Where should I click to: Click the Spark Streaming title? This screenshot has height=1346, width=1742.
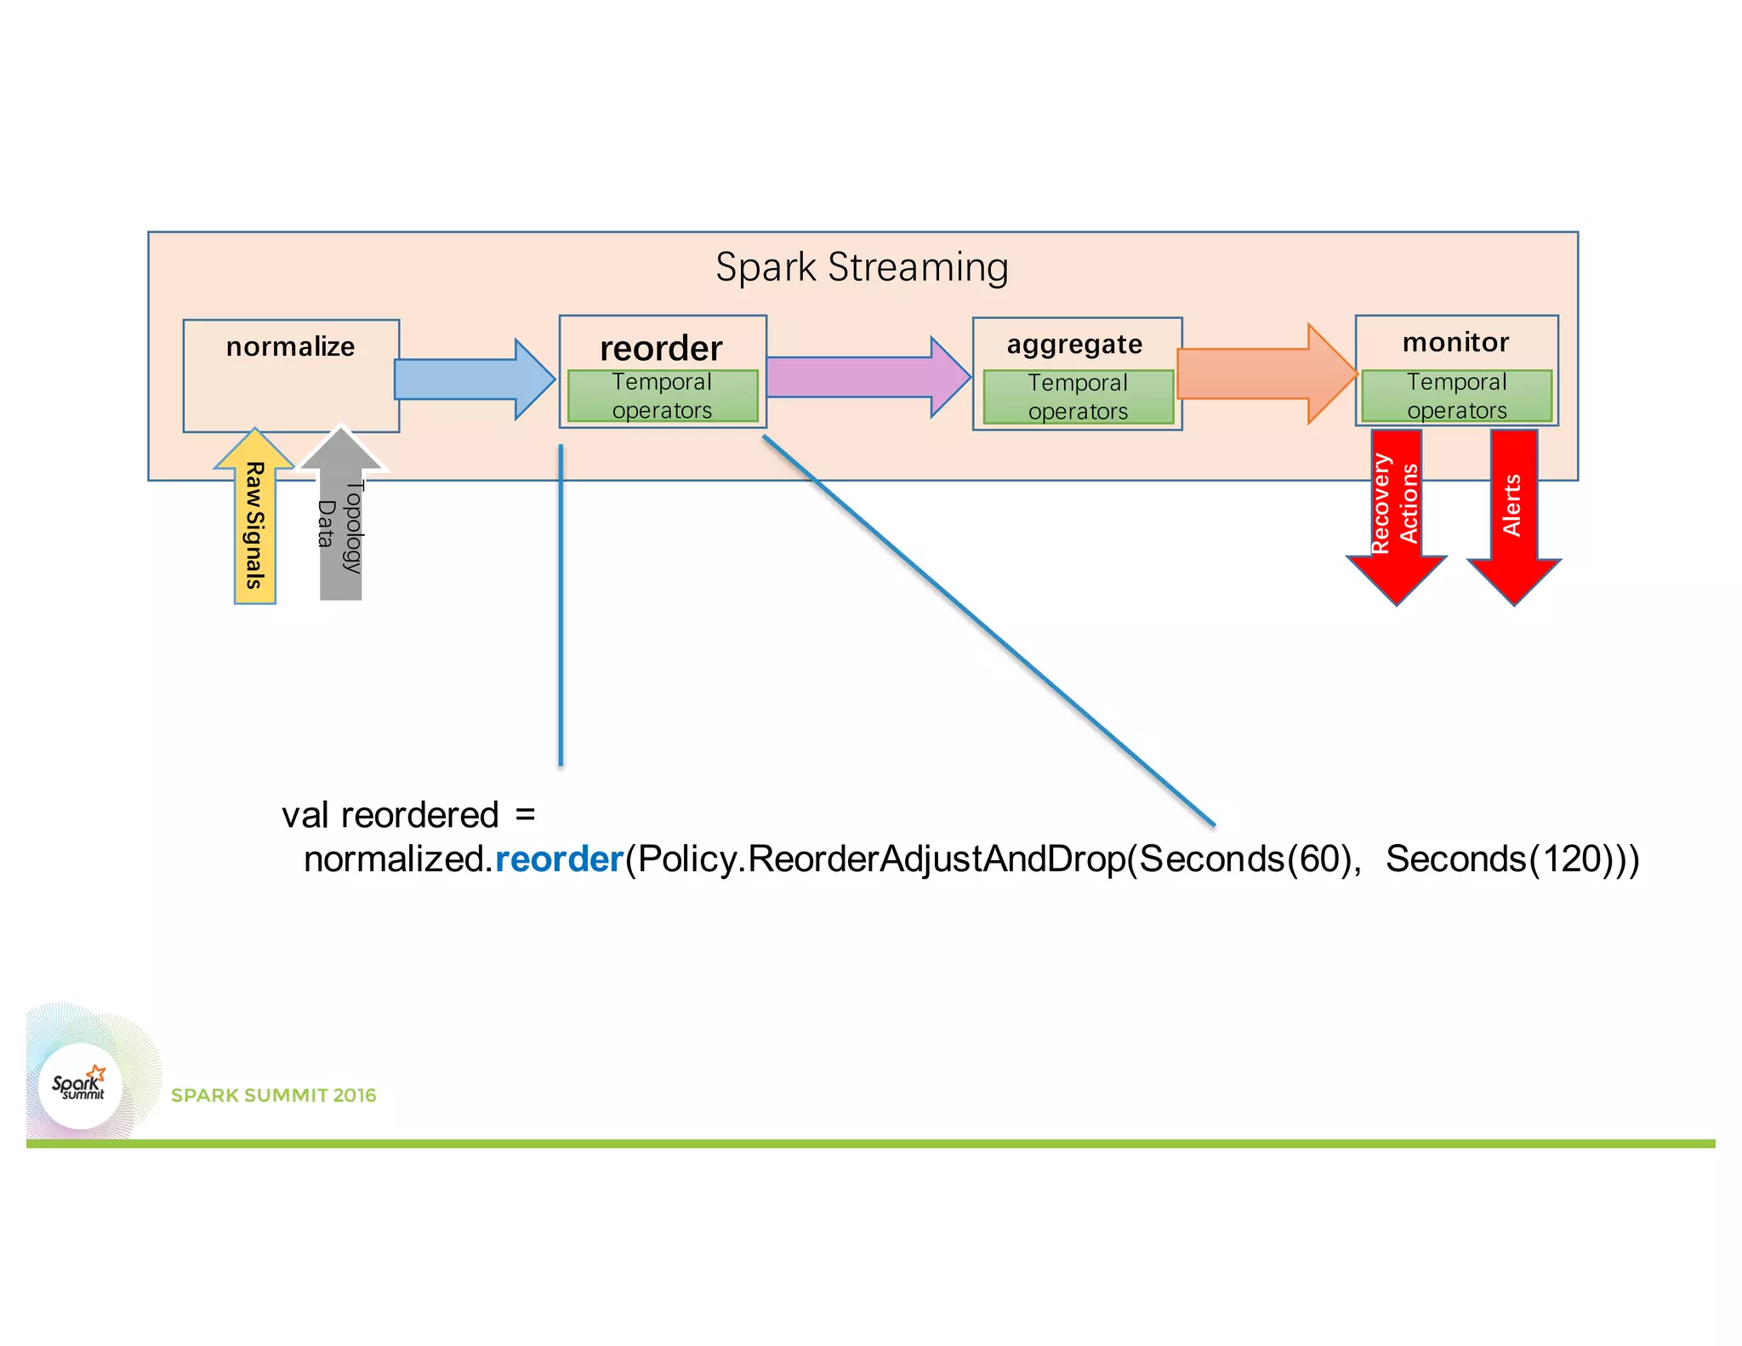(862, 267)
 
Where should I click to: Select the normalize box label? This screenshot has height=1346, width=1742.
(290, 347)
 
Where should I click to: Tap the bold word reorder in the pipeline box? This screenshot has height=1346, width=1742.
(661, 349)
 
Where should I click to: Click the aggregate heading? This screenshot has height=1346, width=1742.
(1074, 345)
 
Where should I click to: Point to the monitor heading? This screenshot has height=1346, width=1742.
(1455, 342)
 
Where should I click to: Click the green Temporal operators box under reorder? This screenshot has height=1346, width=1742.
(662, 396)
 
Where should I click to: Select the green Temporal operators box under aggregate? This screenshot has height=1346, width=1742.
(1078, 396)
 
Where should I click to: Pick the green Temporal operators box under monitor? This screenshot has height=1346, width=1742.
(1456, 396)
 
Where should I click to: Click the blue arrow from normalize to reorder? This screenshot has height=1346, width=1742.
(472, 379)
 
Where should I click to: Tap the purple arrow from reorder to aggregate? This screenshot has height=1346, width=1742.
(863, 377)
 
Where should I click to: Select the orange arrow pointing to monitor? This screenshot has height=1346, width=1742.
(1263, 374)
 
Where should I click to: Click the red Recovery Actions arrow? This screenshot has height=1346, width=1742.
(1396, 510)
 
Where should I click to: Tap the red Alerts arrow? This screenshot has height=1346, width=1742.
(1513, 510)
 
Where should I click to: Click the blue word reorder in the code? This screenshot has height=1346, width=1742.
(559, 859)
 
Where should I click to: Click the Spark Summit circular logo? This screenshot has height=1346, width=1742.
(81, 1086)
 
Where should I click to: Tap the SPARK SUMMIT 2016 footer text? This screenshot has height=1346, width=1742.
(273, 1095)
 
